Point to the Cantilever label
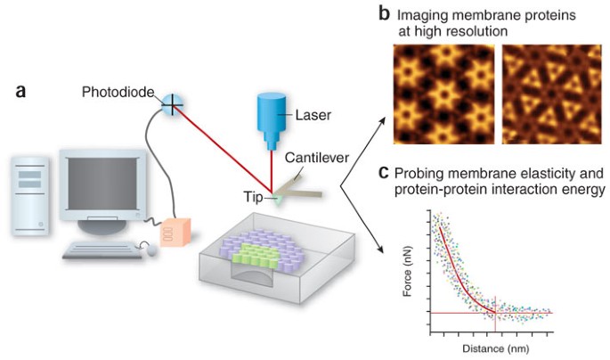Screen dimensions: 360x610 316,158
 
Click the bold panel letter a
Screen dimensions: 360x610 20,91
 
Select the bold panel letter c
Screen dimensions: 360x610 383,172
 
